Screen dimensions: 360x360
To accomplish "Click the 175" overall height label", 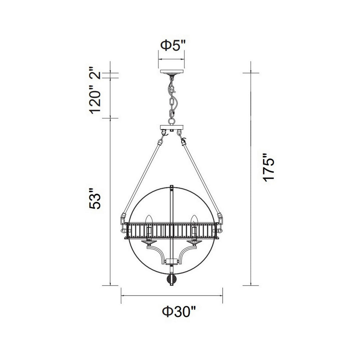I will tap(269, 168).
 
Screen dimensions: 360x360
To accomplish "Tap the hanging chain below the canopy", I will tap(172, 97).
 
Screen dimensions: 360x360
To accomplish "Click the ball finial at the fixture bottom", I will tap(171, 279).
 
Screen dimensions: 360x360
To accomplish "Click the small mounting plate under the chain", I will tap(172, 127).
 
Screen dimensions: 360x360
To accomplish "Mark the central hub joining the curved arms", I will tap(171, 262).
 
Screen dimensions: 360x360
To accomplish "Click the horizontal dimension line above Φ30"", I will tap(172, 295).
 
